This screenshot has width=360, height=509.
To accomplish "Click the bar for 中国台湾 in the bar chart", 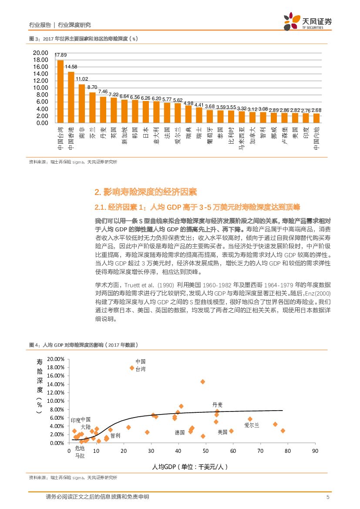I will [61, 91].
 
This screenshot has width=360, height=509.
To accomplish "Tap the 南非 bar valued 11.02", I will [82, 103].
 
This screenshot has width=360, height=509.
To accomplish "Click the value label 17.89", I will [61, 55].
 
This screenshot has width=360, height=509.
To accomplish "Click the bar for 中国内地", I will [316, 118].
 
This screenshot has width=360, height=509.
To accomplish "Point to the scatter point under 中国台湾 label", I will [132, 368].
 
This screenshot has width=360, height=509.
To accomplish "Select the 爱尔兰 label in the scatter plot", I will [252, 425].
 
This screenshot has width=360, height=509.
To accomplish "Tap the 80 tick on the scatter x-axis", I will [288, 451].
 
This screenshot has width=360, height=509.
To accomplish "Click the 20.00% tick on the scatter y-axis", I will [55, 359].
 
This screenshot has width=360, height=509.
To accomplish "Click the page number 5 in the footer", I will [327, 497].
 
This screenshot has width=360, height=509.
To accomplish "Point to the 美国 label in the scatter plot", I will [222, 432].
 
